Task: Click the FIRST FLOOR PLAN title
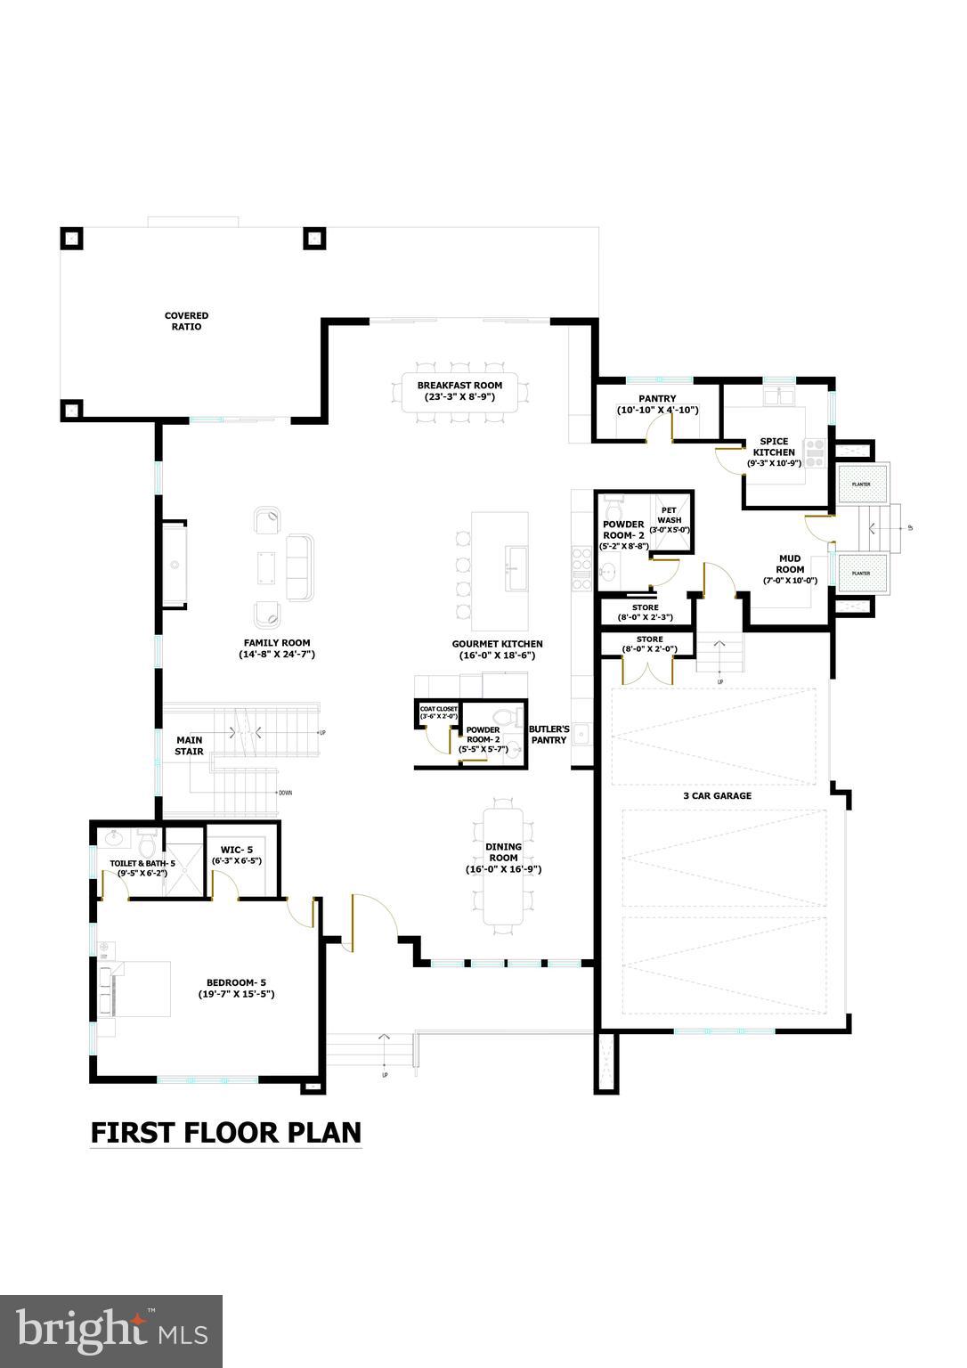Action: [226, 1132]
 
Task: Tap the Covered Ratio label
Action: [186, 321]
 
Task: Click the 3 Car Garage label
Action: [719, 795]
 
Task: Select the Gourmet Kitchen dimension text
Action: [497, 655]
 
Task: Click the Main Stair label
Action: [189, 745]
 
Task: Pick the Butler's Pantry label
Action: [549, 734]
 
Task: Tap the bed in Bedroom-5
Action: [138, 989]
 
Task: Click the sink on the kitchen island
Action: [516, 563]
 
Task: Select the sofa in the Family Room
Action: [301, 566]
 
